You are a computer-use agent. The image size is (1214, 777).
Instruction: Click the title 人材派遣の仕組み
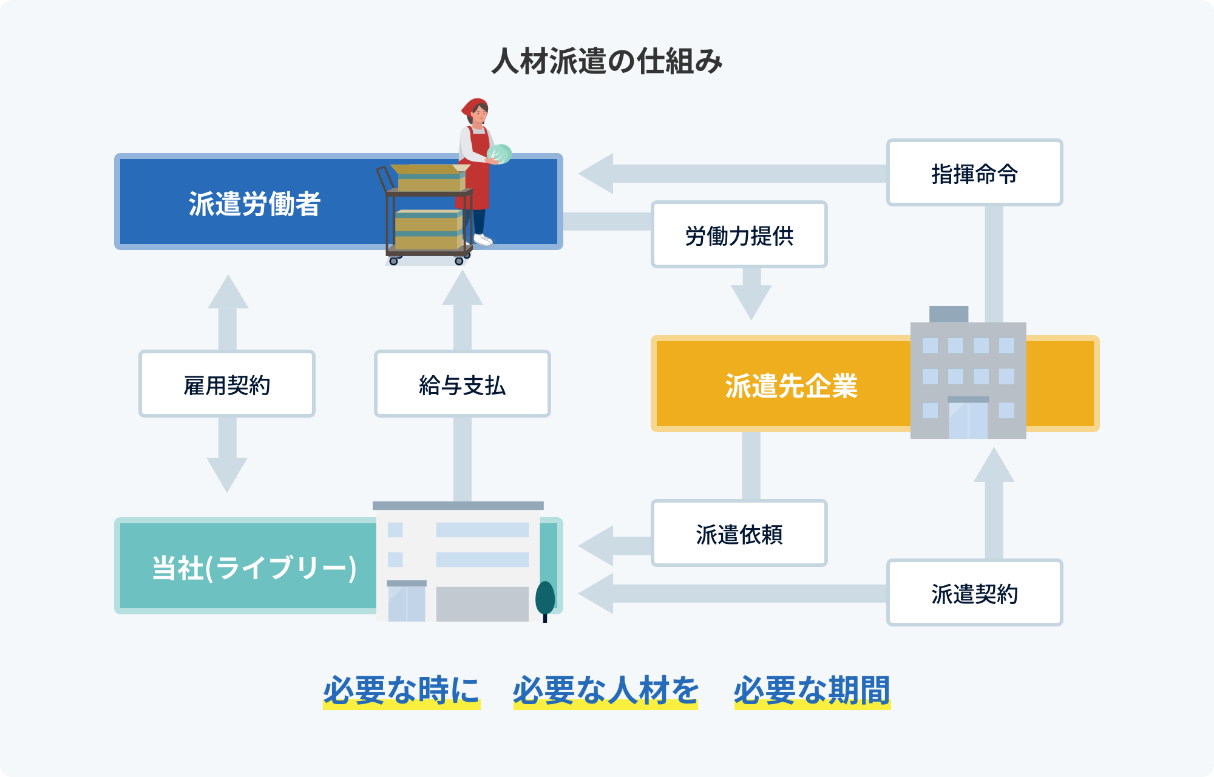point(607,61)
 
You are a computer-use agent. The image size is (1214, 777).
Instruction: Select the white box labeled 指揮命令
point(974,173)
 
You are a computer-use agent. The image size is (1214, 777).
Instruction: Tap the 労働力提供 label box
point(739,235)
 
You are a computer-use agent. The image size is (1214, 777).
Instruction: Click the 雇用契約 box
point(227,384)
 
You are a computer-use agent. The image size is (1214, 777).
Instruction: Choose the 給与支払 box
point(462,384)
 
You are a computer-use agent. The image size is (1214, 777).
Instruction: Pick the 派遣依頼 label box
point(739,533)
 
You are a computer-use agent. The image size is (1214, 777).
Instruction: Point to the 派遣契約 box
point(974,592)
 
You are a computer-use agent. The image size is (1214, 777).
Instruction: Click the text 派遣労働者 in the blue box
point(254,203)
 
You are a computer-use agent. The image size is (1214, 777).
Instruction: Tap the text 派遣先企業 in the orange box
point(792,385)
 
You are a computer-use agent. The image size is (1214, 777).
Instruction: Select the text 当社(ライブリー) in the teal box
point(254,568)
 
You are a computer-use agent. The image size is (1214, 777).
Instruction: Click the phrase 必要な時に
point(401,690)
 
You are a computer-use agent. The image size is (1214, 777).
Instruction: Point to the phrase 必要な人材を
point(606,690)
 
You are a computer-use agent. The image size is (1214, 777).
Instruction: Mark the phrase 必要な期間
point(812,690)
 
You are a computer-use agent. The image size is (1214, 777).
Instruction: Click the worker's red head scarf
point(473,106)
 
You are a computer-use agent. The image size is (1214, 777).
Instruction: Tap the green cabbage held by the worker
point(500,154)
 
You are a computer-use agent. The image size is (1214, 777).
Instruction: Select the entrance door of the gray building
point(968,419)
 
